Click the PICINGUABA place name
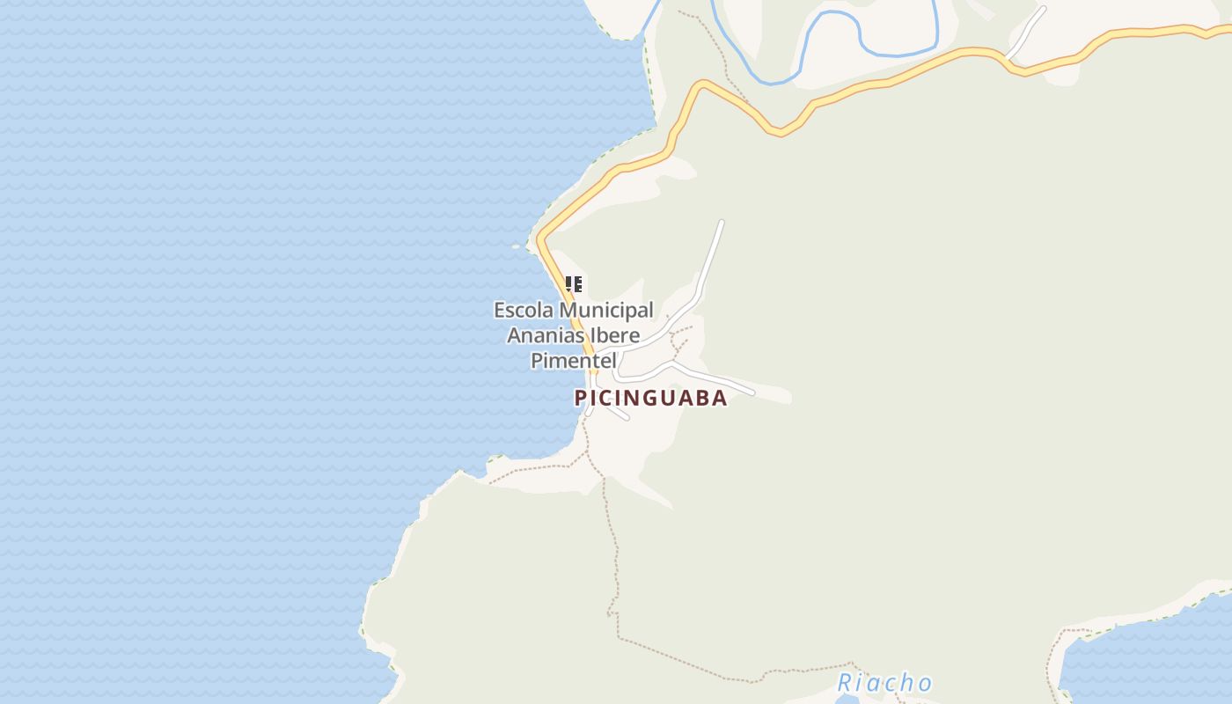pos(650,398)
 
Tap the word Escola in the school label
pos(524,311)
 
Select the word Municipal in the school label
pos(606,311)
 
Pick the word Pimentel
pos(572,360)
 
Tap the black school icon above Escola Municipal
pos(574,283)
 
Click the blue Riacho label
pos(884,683)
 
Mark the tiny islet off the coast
pos(517,246)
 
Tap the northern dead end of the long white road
pos(722,222)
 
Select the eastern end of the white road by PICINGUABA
pos(752,392)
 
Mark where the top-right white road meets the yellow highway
pos(1008,57)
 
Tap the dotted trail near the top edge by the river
pos(717,44)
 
